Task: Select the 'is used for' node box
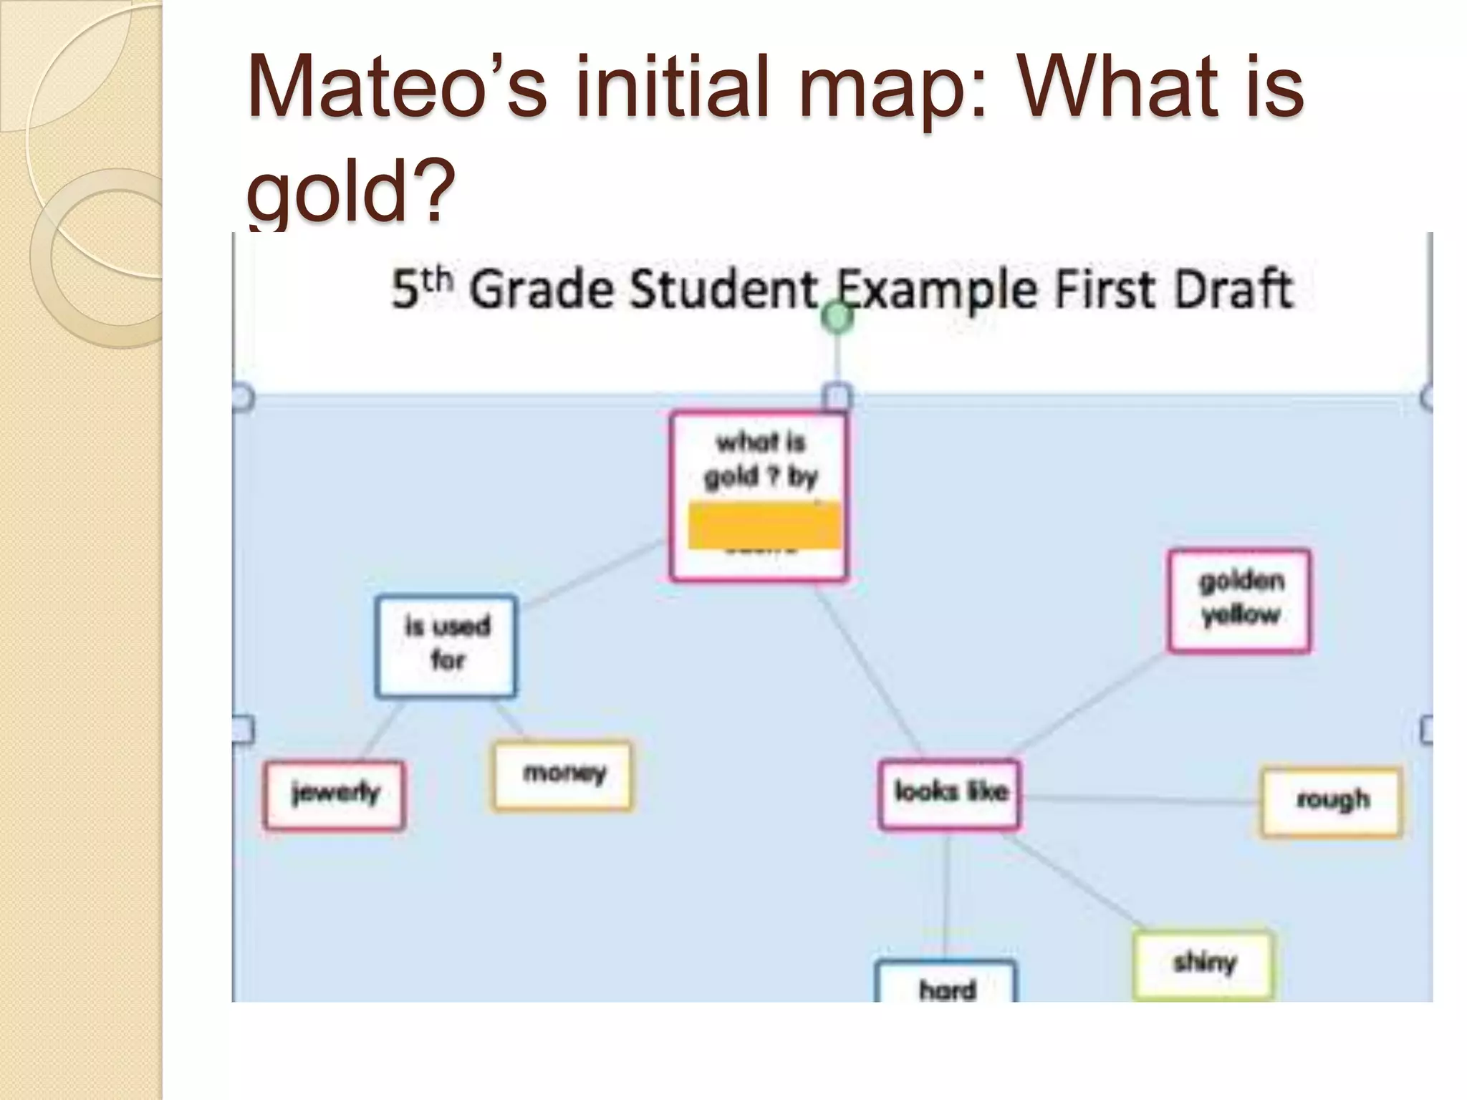pos(446,647)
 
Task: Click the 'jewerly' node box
pos(335,794)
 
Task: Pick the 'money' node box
pos(563,776)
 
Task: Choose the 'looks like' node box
pos(950,794)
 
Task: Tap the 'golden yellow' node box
pos(1239,600)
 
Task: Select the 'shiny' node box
pos(1203,964)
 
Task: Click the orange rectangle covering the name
pos(764,526)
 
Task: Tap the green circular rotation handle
pos(836,317)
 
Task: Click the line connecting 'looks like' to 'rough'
pos(1139,799)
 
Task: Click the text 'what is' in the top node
pos(761,443)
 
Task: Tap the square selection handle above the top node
pos(836,396)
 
